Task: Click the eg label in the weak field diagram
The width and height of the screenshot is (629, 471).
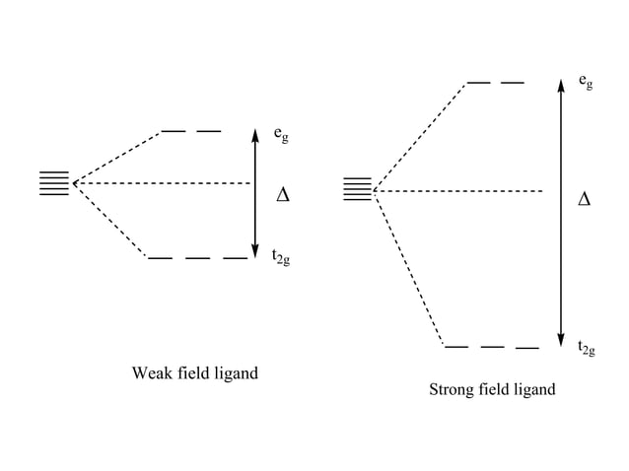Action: click(x=281, y=134)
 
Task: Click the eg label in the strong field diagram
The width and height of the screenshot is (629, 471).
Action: click(x=586, y=81)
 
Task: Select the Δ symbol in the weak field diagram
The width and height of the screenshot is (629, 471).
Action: click(x=283, y=194)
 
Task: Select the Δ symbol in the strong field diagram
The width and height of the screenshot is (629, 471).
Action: click(x=584, y=200)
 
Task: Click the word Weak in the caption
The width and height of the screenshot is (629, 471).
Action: click(x=151, y=373)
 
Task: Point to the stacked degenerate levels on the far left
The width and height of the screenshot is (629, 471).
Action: click(x=54, y=183)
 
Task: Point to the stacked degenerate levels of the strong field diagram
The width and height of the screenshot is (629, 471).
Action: click(x=357, y=189)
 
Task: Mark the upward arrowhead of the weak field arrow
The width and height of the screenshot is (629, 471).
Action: click(x=255, y=136)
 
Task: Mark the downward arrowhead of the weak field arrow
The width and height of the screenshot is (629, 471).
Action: click(x=255, y=251)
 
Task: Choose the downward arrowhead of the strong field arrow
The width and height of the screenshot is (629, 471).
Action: click(x=560, y=337)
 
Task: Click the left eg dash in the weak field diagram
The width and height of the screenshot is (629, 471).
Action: click(x=174, y=130)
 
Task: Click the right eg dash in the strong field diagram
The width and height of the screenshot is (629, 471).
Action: click(x=512, y=83)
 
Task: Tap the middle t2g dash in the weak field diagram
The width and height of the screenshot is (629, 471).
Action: click(x=197, y=258)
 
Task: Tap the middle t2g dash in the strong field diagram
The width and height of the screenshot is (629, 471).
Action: click(x=492, y=347)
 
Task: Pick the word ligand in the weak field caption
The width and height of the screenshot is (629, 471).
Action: click(x=236, y=373)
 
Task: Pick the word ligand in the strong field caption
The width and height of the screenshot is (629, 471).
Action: click(x=532, y=389)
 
